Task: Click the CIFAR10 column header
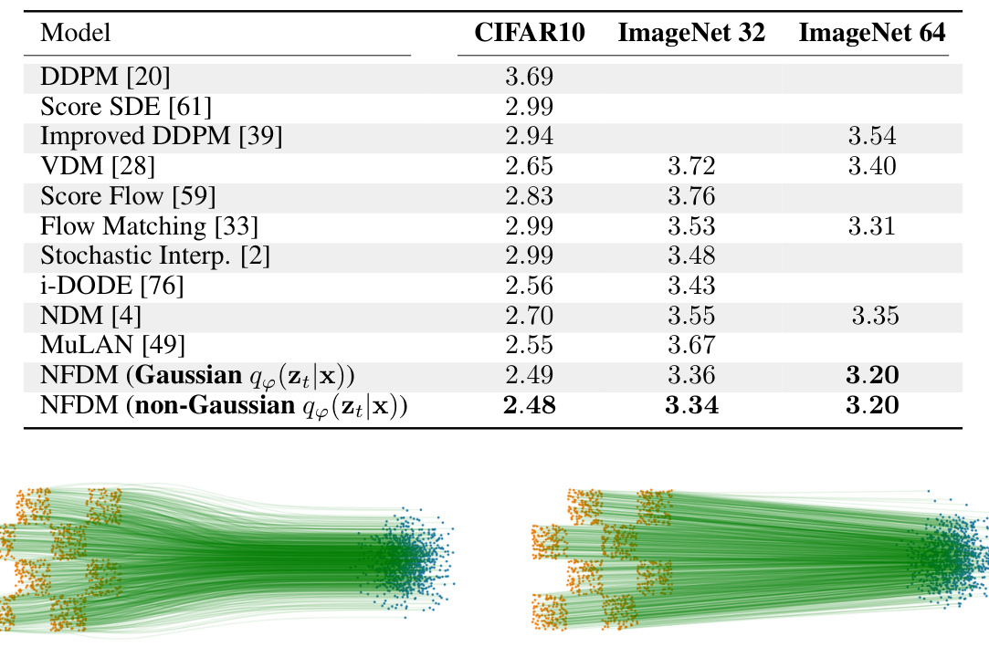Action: click(x=530, y=34)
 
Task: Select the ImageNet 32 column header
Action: click(x=691, y=34)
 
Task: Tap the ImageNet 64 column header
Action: click(x=871, y=34)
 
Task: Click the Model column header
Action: click(x=76, y=34)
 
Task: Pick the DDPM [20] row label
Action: click(x=105, y=78)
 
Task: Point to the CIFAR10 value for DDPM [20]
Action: click(x=529, y=78)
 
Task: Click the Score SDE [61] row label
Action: click(x=125, y=107)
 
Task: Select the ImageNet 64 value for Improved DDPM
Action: click(x=871, y=137)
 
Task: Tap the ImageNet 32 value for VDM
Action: click(x=690, y=166)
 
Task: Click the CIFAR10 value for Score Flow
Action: click(x=529, y=196)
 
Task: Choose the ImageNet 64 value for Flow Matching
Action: click(x=871, y=225)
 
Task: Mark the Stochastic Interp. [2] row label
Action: click(x=153, y=256)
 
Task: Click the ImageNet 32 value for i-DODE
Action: click(x=690, y=286)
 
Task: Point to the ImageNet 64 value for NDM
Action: click(x=875, y=316)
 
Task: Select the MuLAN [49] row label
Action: click(x=112, y=345)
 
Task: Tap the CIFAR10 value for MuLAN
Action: click(x=529, y=345)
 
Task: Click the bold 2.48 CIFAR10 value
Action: click(x=529, y=404)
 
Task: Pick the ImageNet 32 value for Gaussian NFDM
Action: click(x=690, y=374)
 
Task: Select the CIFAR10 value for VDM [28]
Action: click(x=529, y=166)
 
